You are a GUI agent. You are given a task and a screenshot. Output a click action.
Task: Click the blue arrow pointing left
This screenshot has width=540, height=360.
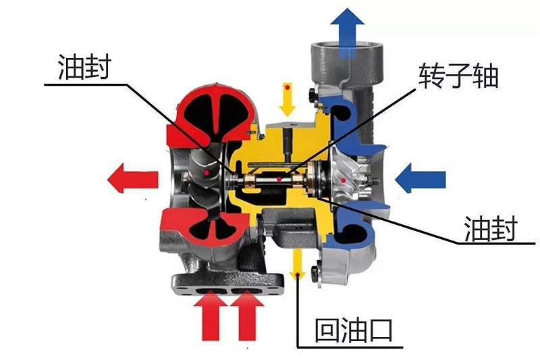click(x=420, y=180)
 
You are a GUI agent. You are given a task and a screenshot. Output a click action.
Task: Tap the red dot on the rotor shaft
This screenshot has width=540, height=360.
click(x=279, y=180)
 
